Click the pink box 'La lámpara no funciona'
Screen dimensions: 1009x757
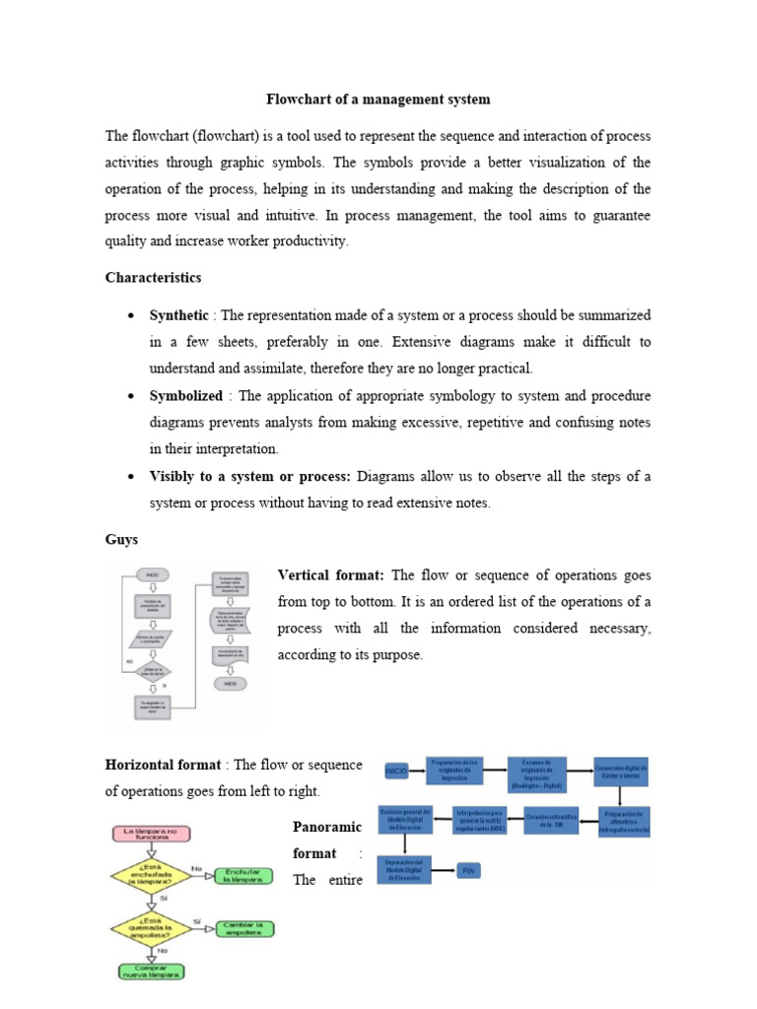151,834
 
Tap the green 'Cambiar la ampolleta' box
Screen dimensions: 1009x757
246,928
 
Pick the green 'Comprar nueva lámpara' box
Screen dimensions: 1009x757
151,972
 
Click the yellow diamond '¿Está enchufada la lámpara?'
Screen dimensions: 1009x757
151,875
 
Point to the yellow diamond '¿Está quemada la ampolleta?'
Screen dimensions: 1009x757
151,928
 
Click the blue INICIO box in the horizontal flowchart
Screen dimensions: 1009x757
395,771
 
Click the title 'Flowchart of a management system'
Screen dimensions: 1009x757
378,100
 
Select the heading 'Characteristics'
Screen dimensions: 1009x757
153,278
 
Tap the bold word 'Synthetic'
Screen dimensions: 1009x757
178,315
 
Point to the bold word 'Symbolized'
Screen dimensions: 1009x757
185,395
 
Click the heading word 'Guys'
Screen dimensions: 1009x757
122,540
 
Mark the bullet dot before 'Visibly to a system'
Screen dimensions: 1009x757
131,476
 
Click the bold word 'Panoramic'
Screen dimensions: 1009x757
328,826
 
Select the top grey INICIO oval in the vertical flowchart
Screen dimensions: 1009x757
153,574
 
